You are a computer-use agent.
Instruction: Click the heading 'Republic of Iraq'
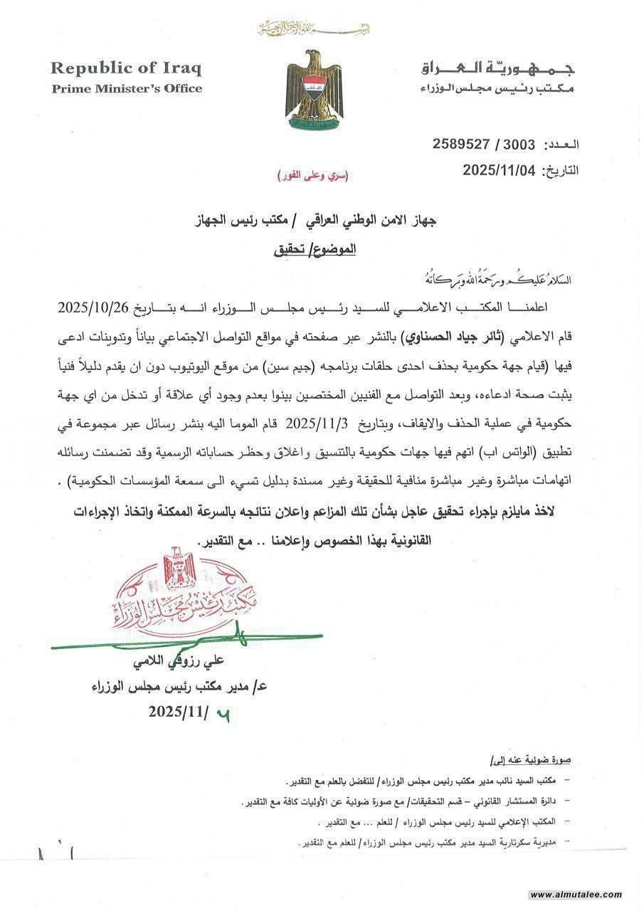coord(125,68)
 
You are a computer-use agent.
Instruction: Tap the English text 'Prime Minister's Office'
coord(126,88)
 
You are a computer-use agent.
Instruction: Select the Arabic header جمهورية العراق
coord(498,69)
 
